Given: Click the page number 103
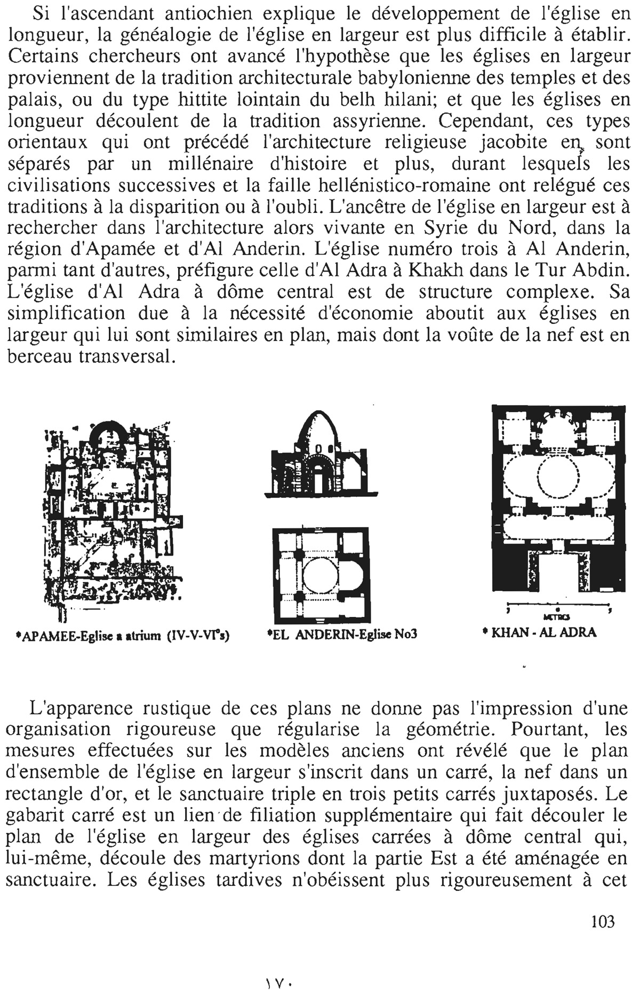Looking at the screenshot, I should coord(603,922).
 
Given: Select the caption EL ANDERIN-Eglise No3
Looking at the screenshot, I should coord(341,635).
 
